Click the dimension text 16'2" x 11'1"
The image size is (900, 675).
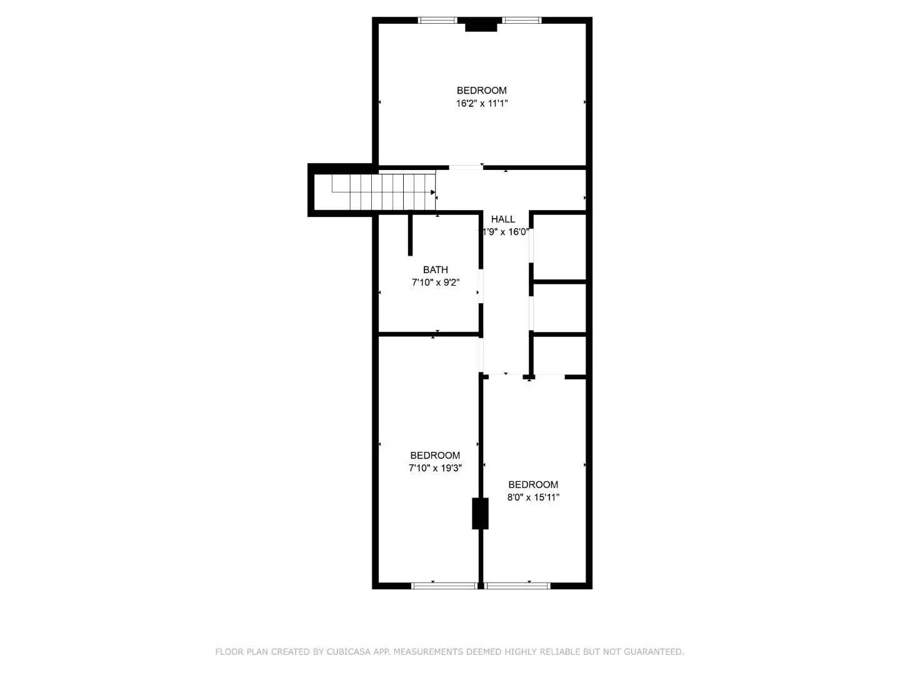tap(481, 104)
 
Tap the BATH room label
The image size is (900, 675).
tap(436, 270)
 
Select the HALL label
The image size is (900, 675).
tap(503, 219)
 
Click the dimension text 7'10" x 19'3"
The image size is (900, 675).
tap(435, 468)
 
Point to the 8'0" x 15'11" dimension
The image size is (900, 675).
tap(533, 498)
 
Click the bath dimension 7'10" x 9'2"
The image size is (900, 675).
tap(436, 282)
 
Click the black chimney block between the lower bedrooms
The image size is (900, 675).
tap(480, 513)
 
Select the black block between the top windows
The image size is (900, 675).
tap(481, 26)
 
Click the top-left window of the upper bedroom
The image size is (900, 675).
tap(438, 21)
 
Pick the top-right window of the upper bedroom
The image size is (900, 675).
tap(522, 21)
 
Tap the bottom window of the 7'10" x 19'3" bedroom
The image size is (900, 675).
tap(444, 586)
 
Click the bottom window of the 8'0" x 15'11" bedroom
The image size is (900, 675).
tap(517, 586)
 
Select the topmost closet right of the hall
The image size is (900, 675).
tap(559, 246)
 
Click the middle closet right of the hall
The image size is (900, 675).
tap(559, 308)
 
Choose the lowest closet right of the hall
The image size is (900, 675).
tap(559, 356)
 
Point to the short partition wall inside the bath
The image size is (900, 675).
tap(410, 235)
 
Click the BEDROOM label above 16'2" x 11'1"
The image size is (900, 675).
tap(481, 91)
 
